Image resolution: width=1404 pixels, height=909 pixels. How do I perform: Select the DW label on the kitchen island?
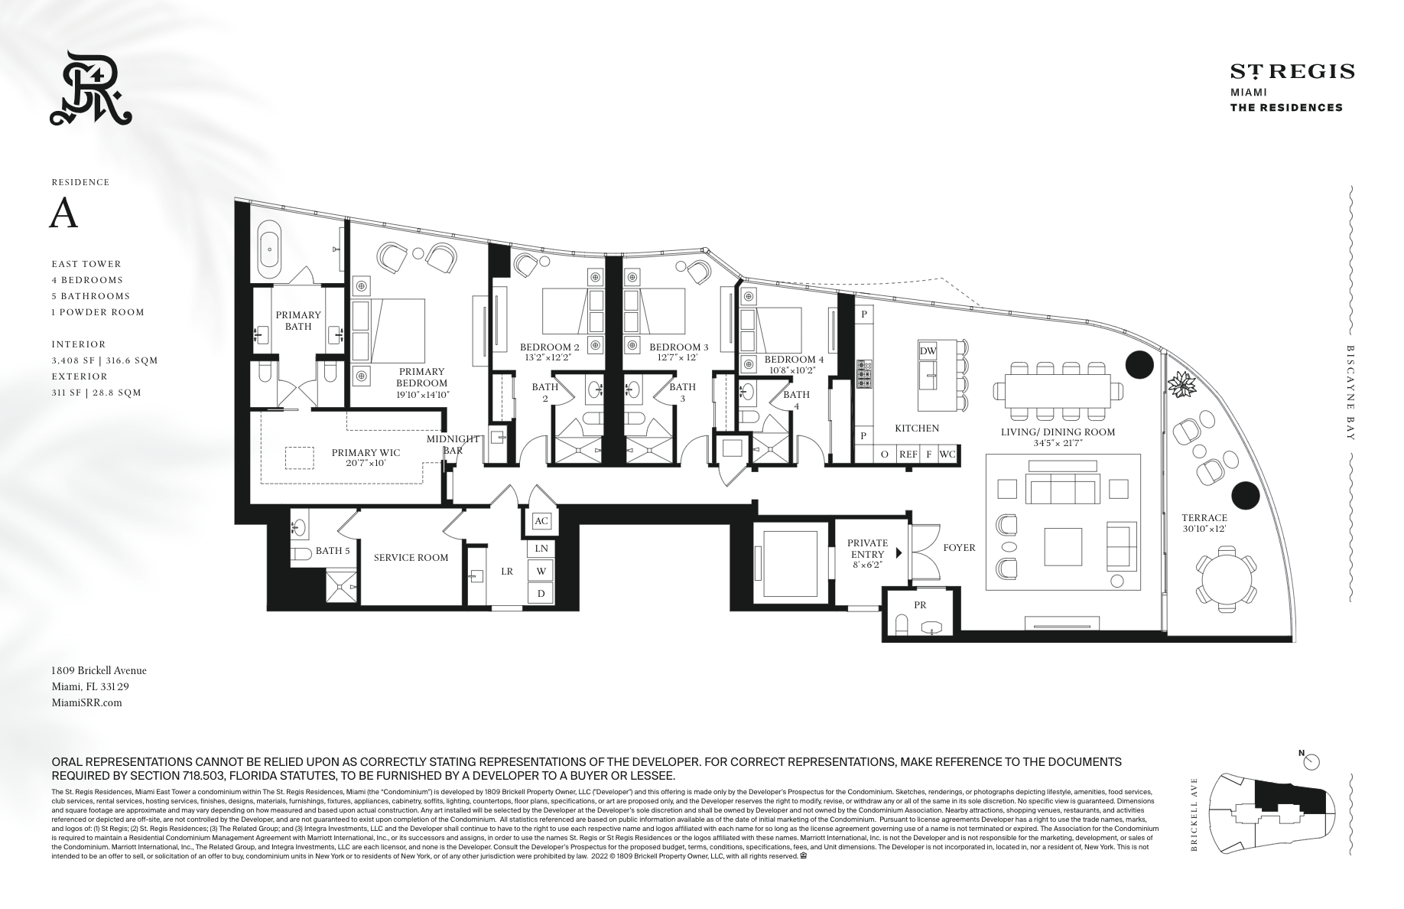pos(928,351)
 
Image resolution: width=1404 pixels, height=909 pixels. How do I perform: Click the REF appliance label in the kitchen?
pos(908,454)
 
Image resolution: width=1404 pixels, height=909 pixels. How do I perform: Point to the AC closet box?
pos(541,521)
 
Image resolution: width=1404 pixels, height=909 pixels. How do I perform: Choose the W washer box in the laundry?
pos(541,571)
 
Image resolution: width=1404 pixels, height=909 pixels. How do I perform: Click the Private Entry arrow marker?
pos(899,552)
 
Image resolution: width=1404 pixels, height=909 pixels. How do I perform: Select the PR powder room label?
pos(920,604)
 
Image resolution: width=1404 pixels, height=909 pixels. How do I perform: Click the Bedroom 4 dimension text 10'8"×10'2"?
pos(795,370)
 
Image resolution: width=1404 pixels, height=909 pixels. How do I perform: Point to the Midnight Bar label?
pos(453,445)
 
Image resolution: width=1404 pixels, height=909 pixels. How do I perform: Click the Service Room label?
pos(411,558)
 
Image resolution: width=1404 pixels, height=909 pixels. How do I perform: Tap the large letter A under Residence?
pos(63,214)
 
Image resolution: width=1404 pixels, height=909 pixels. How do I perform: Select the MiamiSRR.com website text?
pos(86,702)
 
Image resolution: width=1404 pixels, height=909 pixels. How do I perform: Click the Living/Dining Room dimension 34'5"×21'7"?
pos(1057,443)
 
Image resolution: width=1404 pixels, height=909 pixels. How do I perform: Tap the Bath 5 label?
pos(333,550)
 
